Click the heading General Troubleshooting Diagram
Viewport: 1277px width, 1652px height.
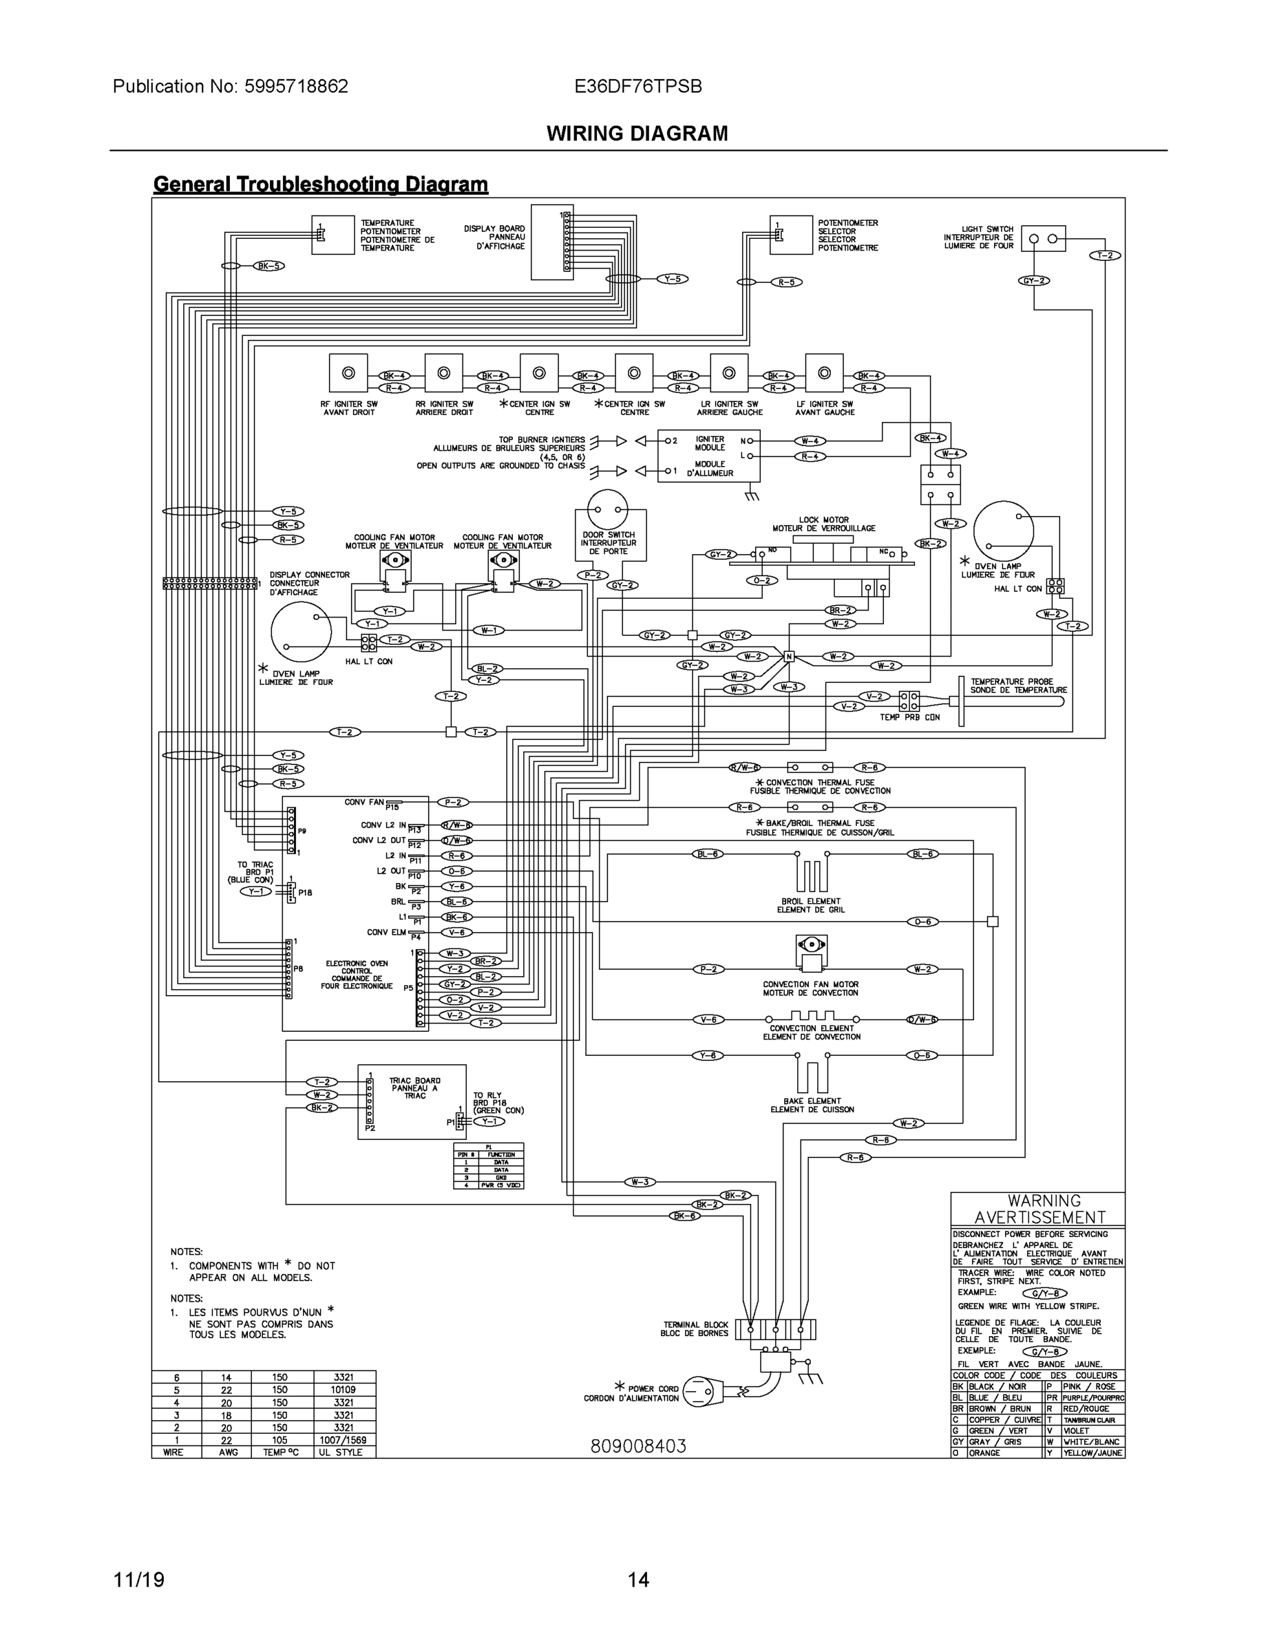click(320, 184)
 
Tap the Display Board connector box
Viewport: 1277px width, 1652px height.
click(551, 242)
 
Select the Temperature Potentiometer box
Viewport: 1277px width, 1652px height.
click(333, 235)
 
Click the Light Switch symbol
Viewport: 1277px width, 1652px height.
click(1042, 239)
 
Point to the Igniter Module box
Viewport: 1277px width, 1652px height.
click(709, 456)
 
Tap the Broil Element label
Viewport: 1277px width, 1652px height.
click(810, 904)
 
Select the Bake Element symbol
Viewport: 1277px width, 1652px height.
click(812, 1072)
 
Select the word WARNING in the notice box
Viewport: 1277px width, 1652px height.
click(1044, 1201)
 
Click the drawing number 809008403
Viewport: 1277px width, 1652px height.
click(637, 1446)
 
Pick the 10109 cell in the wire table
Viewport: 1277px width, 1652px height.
click(344, 1390)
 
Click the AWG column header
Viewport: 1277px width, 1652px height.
click(228, 1452)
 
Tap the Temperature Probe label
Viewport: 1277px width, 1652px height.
click(1018, 686)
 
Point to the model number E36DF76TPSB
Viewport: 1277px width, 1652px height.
click(637, 86)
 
